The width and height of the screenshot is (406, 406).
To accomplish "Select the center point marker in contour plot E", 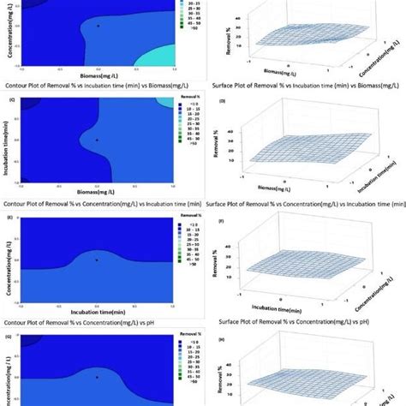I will point(98,259).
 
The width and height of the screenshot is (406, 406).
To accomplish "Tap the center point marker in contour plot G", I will point(98,376).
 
